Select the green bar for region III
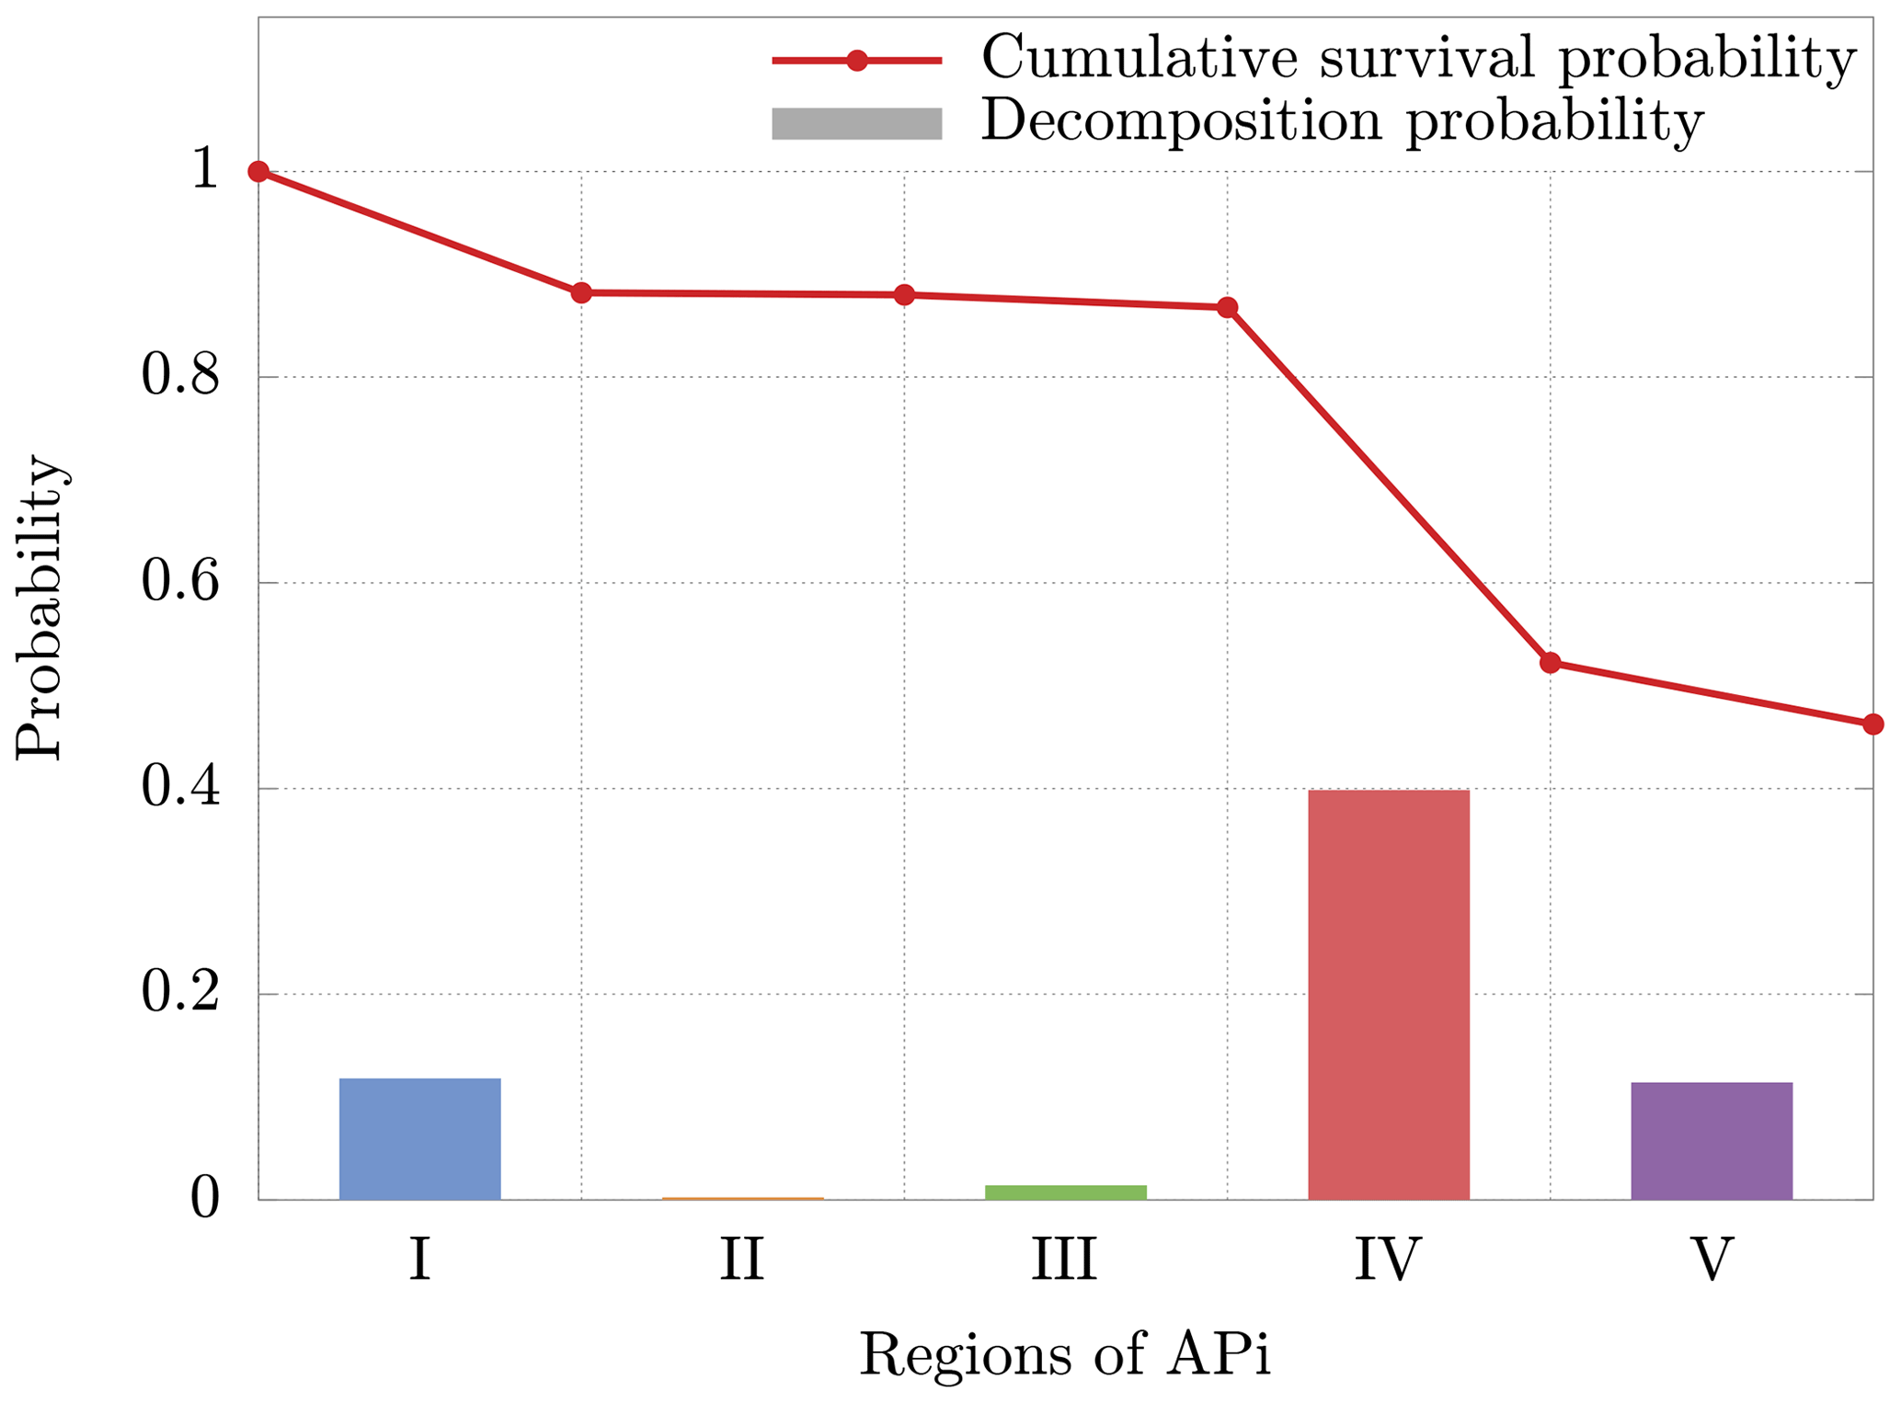click(1065, 1192)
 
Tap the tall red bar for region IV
click(1388, 994)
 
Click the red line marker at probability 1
click(259, 172)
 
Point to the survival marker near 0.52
click(1550, 663)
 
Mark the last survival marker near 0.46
click(1872, 724)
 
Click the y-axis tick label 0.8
click(180, 377)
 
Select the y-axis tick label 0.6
click(180, 583)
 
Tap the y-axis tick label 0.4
click(180, 789)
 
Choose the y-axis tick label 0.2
click(180, 994)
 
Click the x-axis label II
click(741, 1260)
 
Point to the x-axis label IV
click(1387, 1260)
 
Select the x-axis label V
click(1712, 1260)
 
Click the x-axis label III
click(1064, 1260)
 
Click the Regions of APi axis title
click(1065, 1354)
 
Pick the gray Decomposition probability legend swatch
click(856, 124)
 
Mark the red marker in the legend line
click(856, 61)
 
